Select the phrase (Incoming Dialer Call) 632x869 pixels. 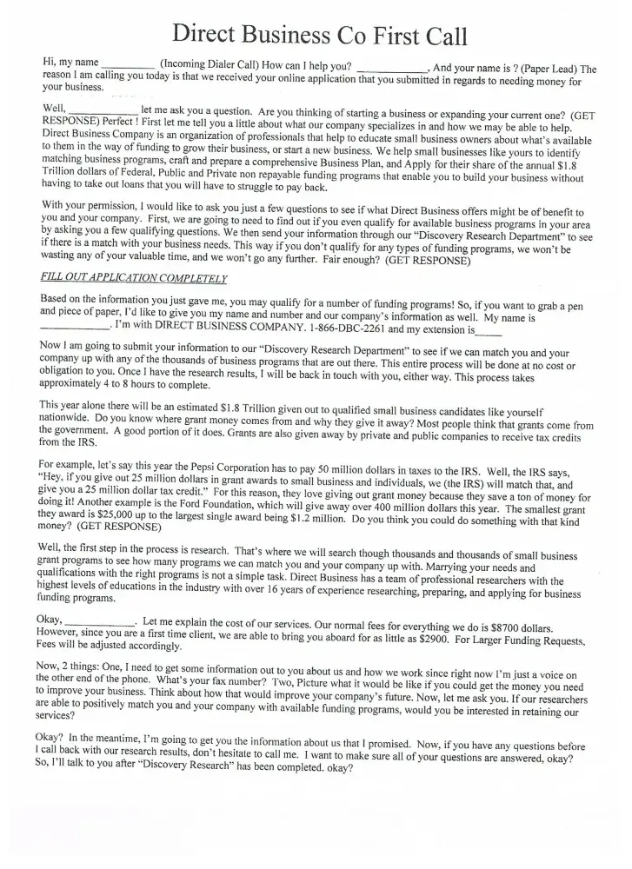click(215, 64)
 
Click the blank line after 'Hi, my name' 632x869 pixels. click(128, 65)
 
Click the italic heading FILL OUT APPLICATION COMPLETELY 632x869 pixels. click(134, 278)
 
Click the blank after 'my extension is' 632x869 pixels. click(489, 331)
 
